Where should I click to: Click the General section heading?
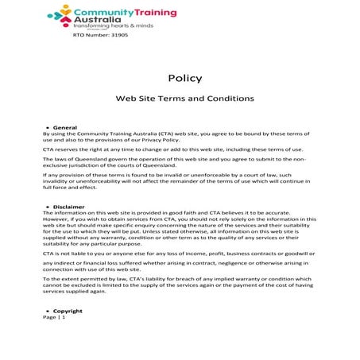(x=64, y=127)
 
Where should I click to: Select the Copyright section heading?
(x=68, y=311)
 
